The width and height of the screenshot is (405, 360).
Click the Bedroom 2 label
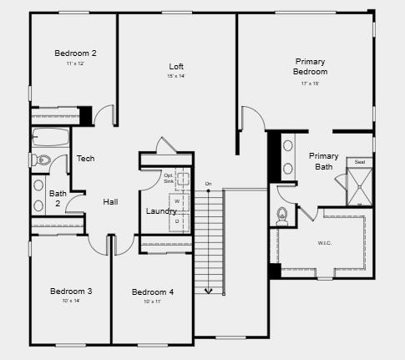pos(76,53)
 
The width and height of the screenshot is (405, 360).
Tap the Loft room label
pos(176,67)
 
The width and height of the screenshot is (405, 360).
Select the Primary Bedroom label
pos(310,67)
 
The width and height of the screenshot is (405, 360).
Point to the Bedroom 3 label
pos(71,291)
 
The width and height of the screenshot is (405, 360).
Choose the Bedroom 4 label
pos(153,292)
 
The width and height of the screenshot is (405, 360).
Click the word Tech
pos(85,159)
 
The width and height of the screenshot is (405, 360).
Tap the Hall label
pos(110,202)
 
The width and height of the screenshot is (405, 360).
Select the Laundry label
pos(161,211)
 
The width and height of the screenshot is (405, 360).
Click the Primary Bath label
pos(323,161)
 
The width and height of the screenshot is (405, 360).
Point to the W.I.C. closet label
pos(325,243)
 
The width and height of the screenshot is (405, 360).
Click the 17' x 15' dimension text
pos(310,84)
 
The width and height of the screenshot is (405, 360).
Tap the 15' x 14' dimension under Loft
pos(176,77)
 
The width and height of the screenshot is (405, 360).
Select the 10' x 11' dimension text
pos(152,302)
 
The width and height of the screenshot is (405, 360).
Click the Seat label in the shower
pos(360,162)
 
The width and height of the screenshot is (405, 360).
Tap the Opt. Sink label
pos(169,177)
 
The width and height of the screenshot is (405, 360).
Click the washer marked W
pos(176,200)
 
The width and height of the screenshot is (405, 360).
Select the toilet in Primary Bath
pos(283,215)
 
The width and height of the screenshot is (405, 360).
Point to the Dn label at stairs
pos(208,183)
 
